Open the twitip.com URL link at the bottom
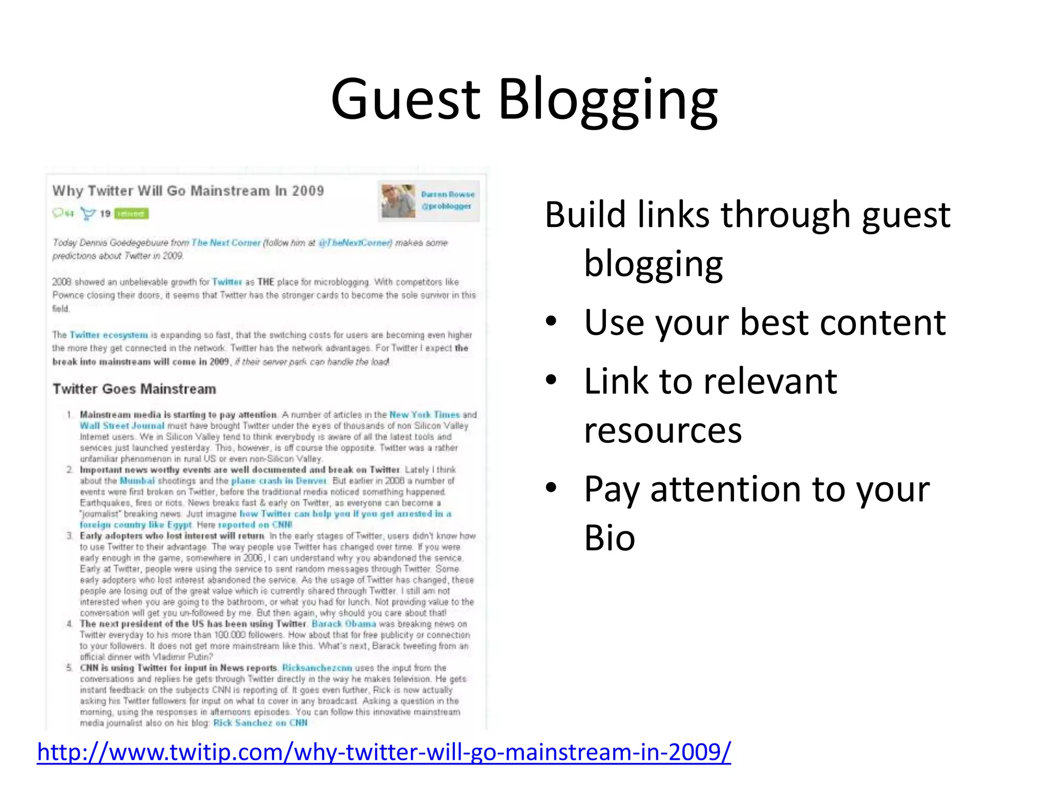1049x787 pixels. click(384, 752)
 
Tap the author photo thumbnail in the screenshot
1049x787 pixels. click(398, 201)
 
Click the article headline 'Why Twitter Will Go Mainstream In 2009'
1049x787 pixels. click(188, 191)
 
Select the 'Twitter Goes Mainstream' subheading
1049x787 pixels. click(134, 389)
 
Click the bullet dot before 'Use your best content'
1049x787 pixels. click(551, 322)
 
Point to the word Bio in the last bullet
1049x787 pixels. click(610, 538)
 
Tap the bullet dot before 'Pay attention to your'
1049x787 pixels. click(551, 488)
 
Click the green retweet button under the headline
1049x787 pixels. click(131, 214)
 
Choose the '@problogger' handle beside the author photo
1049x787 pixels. click(446, 206)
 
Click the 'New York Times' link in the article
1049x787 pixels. click(425, 415)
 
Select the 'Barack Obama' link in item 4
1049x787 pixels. click(344, 624)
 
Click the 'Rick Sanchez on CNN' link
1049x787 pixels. click(260, 722)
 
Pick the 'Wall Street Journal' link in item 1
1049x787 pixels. click(122, 426)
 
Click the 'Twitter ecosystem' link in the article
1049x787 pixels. click(109, 335)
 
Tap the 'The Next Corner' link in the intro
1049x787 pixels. click(226, 242)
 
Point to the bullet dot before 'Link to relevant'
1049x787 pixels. click(551, 381)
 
